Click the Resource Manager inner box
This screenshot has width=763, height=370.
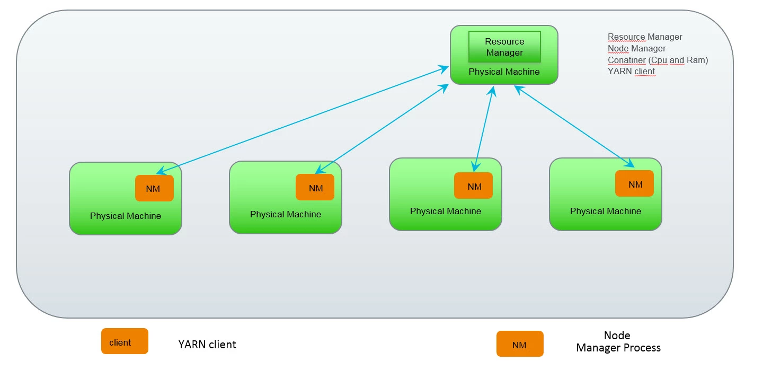(504, 47)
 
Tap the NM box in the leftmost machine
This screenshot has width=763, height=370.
(154, 188)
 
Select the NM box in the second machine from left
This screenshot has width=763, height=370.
(315, 187)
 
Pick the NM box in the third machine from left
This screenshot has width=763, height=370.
(474, 186)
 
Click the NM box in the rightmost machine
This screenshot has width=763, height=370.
(635, 183)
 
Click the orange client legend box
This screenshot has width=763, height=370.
(125, 341)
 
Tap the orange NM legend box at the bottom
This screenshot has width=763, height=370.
(520, 344)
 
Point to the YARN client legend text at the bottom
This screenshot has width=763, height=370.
(207, 345)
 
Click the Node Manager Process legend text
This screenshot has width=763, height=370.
(618, 341)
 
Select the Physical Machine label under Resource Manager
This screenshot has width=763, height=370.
(504, 72)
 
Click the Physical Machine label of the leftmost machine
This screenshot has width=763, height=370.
(126, 216)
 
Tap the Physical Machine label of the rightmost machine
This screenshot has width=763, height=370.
(606, 211)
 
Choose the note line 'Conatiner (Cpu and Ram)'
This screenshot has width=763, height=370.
(658, 60)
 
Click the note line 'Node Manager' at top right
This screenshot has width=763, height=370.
(637, 48)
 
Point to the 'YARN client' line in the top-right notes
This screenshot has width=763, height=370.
(631, 71)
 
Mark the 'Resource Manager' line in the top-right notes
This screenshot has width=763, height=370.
(645, 37)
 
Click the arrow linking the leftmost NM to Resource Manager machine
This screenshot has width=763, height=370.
(303, 120)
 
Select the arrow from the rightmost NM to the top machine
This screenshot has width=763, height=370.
(574, 126)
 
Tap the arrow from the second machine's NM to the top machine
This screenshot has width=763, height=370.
(382, 129)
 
